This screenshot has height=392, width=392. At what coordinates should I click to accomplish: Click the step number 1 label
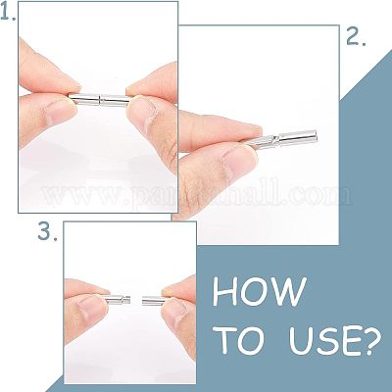[8, 13]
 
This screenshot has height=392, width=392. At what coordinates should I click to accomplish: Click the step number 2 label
[356, 37]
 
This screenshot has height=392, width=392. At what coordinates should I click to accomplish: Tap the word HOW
[260, 291]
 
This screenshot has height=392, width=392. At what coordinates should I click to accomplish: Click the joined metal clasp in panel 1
[99, 99]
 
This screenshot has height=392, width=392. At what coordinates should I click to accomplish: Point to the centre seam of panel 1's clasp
[100, 100]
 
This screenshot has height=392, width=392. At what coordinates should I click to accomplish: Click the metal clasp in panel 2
[281, 139]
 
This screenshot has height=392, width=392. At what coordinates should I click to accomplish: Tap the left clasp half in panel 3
[118, 300]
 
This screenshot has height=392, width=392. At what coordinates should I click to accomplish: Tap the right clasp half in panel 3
[154, 301]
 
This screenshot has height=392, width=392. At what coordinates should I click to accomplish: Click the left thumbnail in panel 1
[58, 110]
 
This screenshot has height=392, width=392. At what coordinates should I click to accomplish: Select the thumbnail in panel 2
[238, 162]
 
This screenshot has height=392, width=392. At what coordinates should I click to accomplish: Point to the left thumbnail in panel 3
[92, 307]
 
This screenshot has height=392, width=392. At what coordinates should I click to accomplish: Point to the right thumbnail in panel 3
[175, 312]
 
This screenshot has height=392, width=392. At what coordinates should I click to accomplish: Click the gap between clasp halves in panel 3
[136, 300]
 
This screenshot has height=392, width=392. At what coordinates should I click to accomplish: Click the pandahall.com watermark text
[196, 195]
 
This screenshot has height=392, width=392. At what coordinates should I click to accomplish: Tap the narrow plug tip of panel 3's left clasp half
[127, 299]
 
